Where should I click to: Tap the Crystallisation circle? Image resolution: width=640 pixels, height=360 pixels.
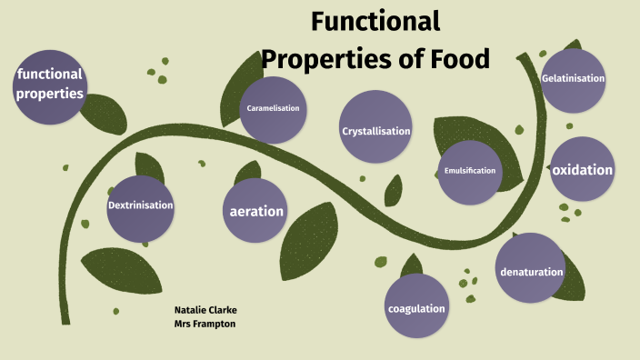pos(375,131)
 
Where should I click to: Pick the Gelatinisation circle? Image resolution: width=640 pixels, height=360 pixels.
pos(573,79)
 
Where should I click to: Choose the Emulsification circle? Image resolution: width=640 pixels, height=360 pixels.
pos(469,171)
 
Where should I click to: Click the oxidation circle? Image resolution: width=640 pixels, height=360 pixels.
pos(582,170)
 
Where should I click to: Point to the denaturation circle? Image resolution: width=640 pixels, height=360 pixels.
pos(531,270)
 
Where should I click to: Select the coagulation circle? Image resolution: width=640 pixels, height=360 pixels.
pos(416,307)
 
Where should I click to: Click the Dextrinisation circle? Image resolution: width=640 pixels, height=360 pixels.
pos(140,205)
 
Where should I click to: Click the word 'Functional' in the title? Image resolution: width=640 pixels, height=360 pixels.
pos(375,22)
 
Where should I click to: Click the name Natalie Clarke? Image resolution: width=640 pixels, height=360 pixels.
pos(205,309)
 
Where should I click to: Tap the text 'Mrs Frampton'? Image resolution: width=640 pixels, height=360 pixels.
pos(205,324)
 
